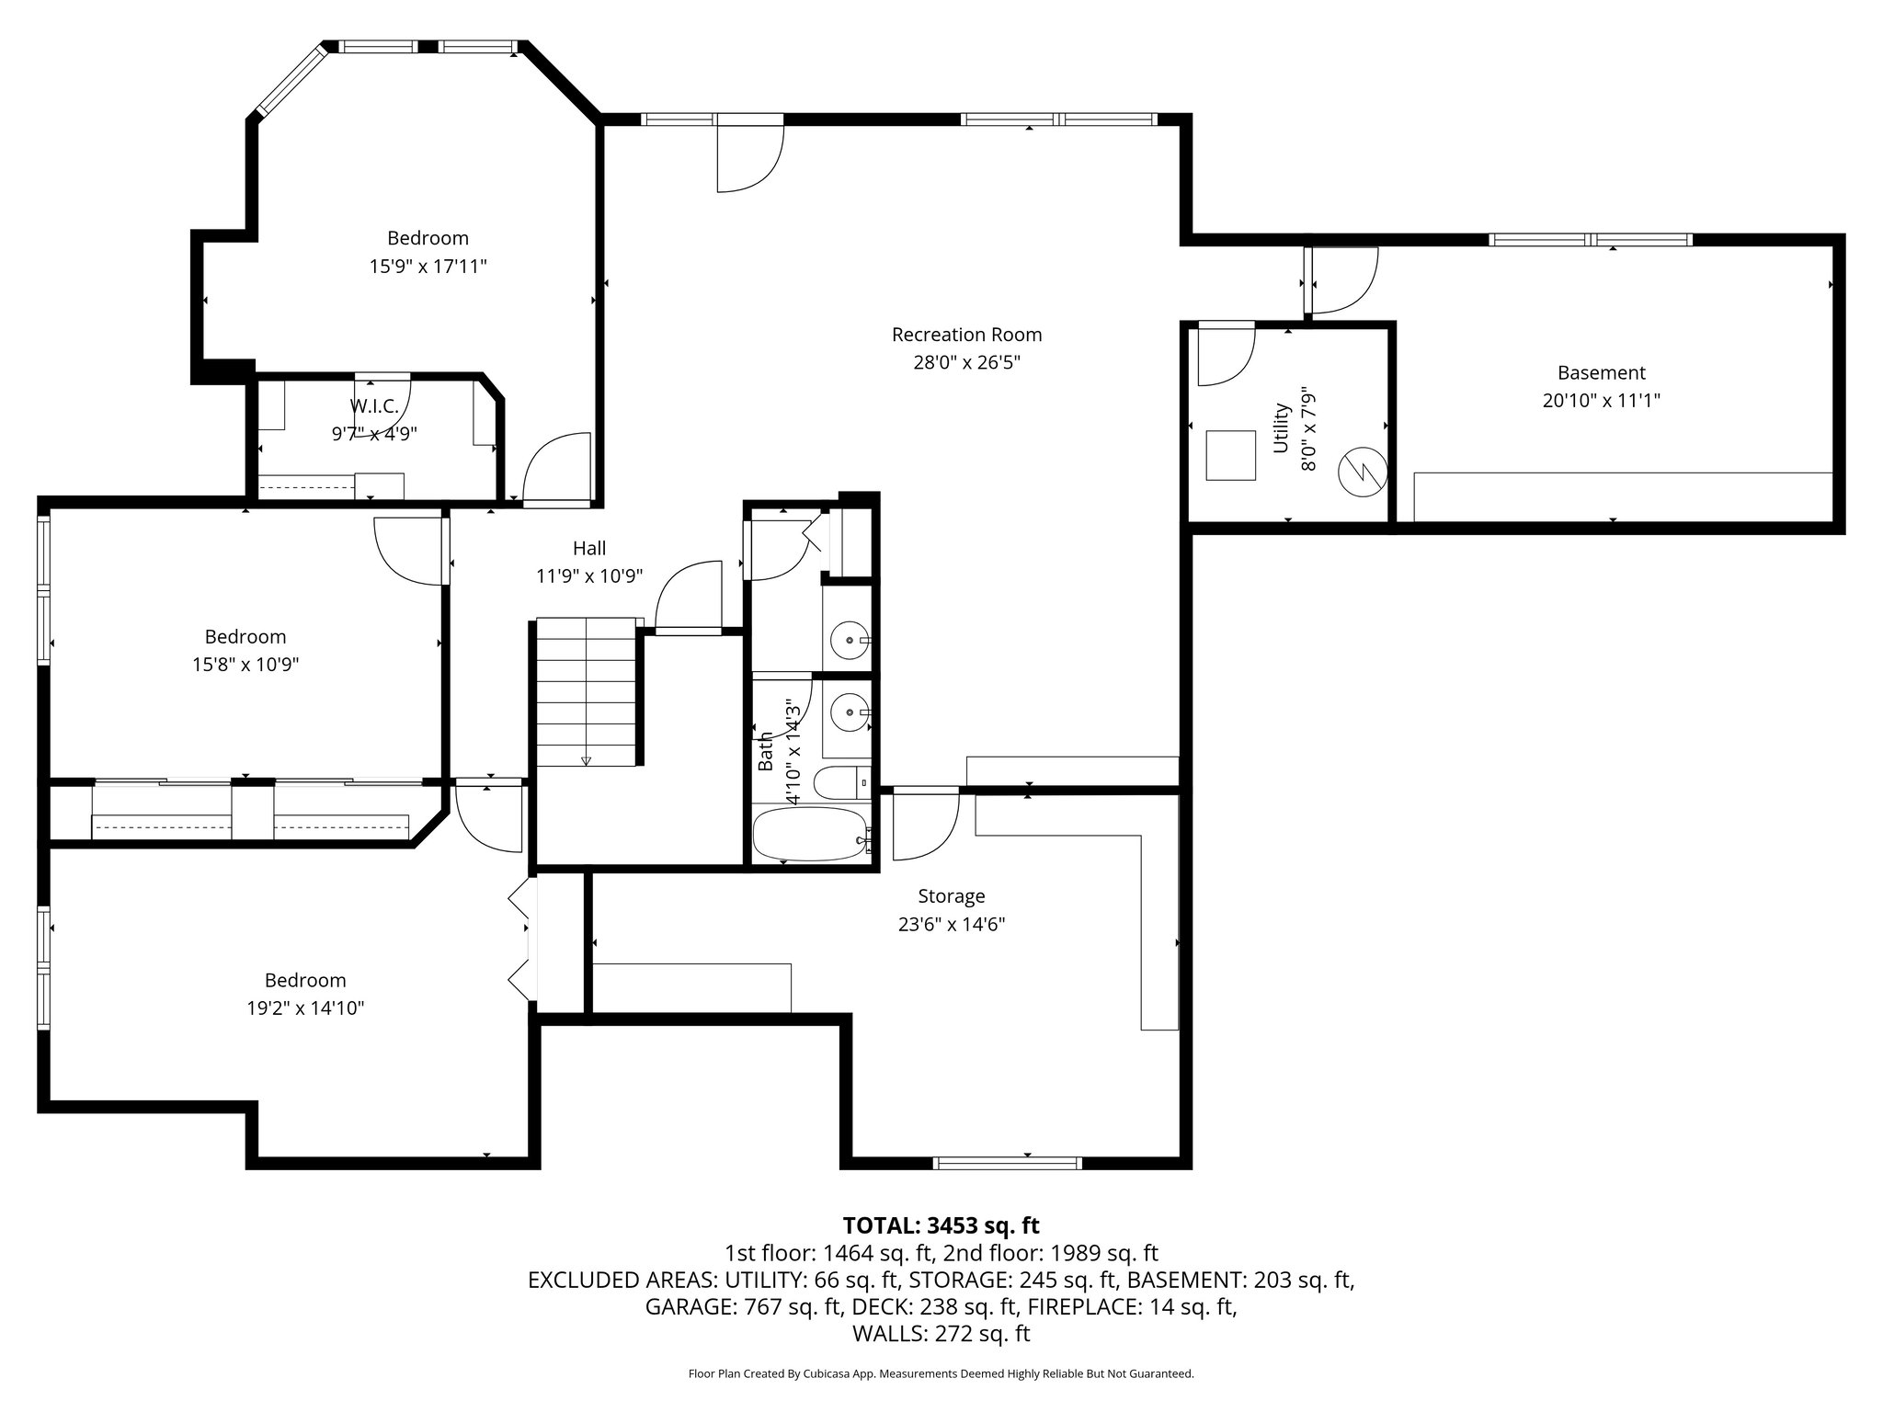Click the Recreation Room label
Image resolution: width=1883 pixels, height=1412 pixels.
966,335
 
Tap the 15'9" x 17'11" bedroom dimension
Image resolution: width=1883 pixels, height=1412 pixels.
428,267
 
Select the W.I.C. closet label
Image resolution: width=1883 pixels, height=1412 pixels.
373,406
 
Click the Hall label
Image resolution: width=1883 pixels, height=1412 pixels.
589,548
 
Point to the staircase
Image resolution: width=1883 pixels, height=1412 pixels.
587,691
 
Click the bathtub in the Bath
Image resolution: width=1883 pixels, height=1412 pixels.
809,835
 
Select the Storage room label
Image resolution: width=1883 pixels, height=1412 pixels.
951,895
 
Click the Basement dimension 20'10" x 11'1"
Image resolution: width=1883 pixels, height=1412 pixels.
1601,401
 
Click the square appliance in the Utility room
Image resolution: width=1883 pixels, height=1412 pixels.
1230,455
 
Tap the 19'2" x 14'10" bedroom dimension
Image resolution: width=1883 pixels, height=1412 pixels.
305,1008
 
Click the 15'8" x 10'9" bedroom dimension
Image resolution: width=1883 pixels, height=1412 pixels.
245,664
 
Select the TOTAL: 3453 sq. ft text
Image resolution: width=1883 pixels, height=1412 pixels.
941,1225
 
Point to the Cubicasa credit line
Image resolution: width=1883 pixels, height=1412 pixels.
941,1373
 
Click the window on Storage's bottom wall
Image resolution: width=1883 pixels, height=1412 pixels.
1007,1163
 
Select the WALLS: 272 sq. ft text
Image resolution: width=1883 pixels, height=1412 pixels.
941,1334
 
